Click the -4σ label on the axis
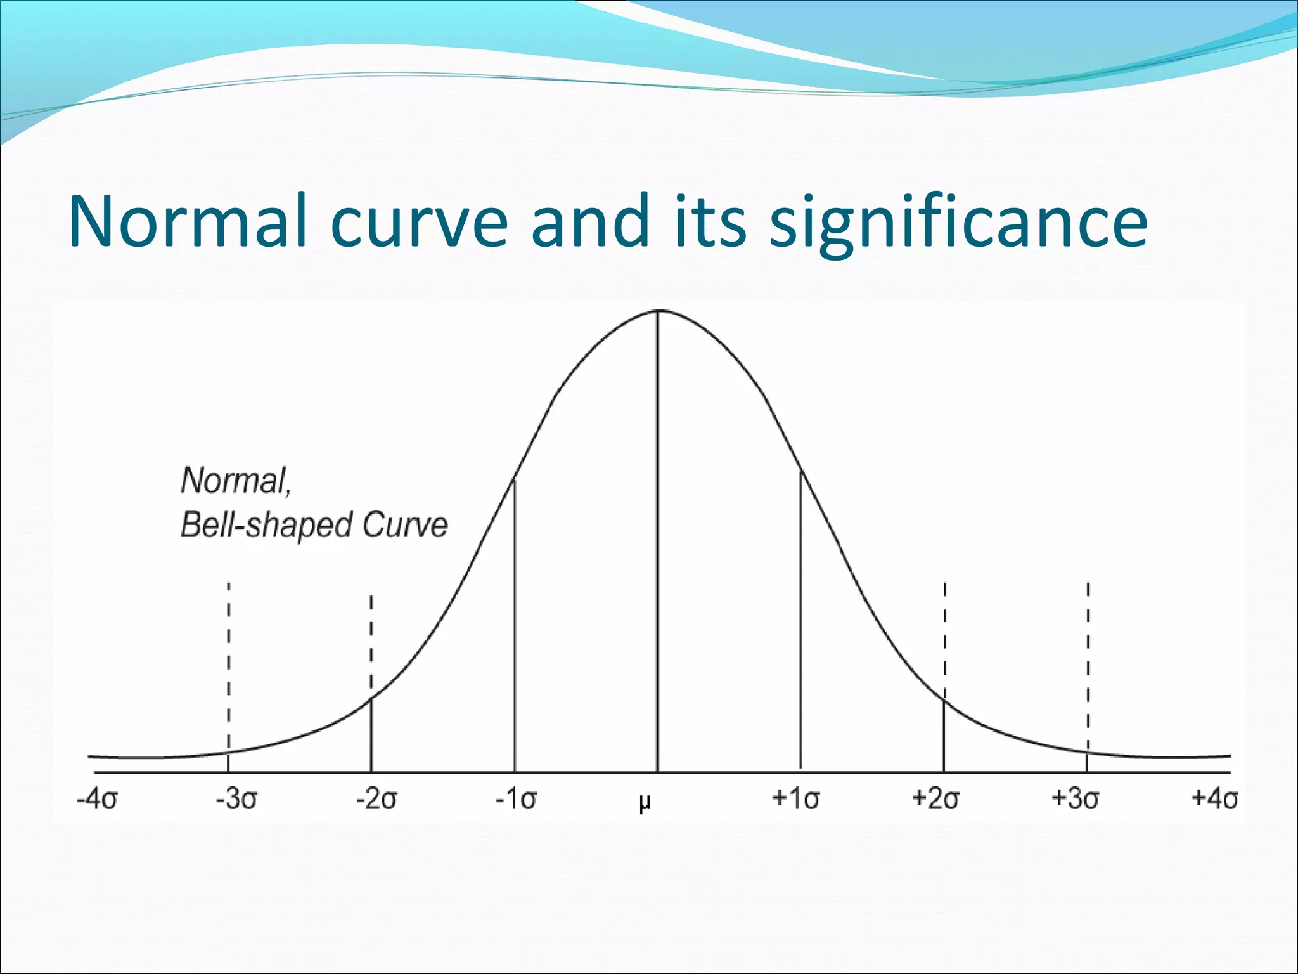pos(97,799)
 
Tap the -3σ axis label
pos(236,799)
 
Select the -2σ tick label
pos(376,799)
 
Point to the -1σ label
pos(516,799)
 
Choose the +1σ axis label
pos(795,798)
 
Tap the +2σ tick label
pos(935,798)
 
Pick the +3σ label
pos(1075,798)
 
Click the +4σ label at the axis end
pos(1214,798)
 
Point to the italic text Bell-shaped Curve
pos(314,525)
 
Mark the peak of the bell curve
pos(658,311)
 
